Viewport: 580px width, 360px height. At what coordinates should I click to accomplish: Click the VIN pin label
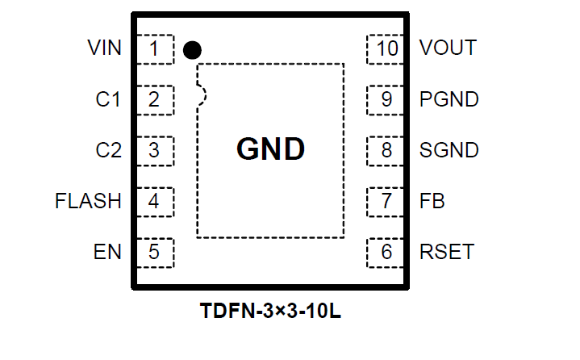105,48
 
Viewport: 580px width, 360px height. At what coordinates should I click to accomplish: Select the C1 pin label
108,100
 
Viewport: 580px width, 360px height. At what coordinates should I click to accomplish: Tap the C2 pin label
108,150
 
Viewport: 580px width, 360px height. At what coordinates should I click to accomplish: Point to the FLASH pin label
88,201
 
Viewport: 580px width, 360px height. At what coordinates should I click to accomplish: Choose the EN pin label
107,252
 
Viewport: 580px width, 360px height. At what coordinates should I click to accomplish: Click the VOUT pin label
448,48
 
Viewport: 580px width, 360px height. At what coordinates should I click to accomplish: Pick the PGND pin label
449,100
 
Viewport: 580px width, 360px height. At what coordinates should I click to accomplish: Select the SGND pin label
449,150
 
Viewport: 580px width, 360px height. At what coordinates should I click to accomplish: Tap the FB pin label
432,201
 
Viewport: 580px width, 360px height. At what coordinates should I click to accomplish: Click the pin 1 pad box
154,48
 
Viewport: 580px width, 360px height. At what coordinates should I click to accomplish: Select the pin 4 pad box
154,201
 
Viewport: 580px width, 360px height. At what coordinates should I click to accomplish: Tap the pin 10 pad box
387,48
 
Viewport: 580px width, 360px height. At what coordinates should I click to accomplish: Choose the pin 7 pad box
387,201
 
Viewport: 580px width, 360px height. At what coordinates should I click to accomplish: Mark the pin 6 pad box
387,252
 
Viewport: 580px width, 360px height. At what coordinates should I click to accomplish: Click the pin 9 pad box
387,100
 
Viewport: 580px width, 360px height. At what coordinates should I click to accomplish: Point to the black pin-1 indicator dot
192,50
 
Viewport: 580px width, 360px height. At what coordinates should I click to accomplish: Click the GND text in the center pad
270,149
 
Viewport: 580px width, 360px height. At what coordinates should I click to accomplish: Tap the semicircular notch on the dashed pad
202,95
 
